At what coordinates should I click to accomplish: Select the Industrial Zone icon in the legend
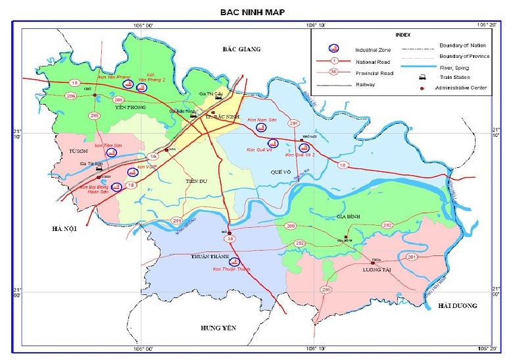pyautogui.click(x=333, y=49)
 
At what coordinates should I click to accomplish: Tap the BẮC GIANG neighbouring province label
pyautogui.click(x=241, y=49)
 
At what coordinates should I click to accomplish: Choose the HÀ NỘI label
pyautogui.click(x=65, y=228)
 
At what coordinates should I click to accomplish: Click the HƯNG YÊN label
pyautogui.click(x=218, y=327)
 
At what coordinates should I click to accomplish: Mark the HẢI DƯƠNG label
pyautogui.click(x=458, y=306)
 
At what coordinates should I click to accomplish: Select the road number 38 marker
pyautogui.click(x=230, y=239)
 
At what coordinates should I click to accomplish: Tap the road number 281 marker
pyautogui.click(x=412, y=256)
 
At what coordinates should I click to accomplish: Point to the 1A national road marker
pyautogui.click(x=153, y=156)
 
